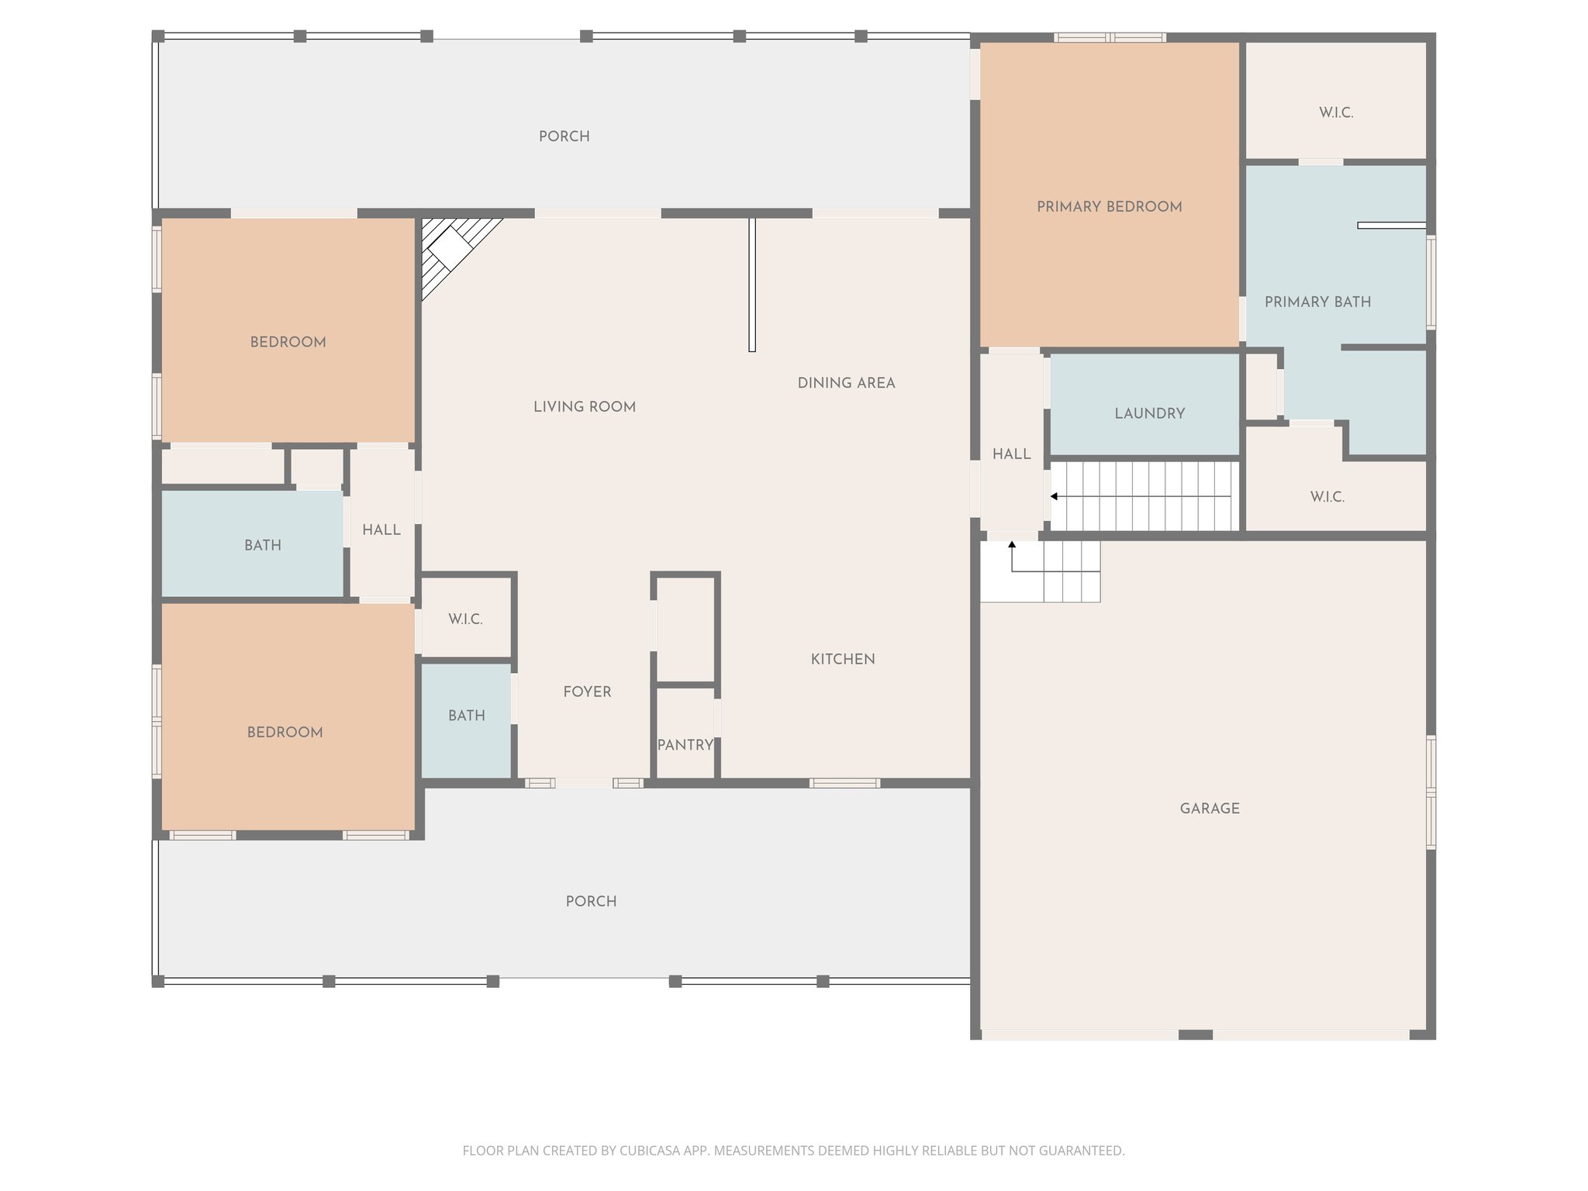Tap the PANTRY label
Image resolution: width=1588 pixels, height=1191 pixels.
685,745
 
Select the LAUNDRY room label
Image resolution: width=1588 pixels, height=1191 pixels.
1150,414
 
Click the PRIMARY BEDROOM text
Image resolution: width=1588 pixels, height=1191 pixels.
1109,207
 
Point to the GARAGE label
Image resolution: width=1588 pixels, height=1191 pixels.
1210,809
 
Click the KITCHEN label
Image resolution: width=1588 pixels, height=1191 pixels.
843,660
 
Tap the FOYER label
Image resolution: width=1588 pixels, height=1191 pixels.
587,692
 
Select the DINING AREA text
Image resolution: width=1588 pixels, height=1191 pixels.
846,383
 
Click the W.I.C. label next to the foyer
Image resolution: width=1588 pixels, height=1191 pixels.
465,620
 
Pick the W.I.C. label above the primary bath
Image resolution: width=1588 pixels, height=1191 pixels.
1336,113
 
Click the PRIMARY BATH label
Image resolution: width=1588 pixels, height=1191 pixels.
1317,302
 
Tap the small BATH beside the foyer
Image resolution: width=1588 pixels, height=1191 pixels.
466,716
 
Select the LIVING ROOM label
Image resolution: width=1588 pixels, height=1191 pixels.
584,407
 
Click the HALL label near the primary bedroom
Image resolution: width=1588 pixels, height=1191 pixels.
1011,454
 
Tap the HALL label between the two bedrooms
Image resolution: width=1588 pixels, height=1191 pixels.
381,530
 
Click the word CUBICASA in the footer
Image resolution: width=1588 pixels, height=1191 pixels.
649,1151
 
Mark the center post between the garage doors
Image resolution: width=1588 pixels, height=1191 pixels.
1195,1034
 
